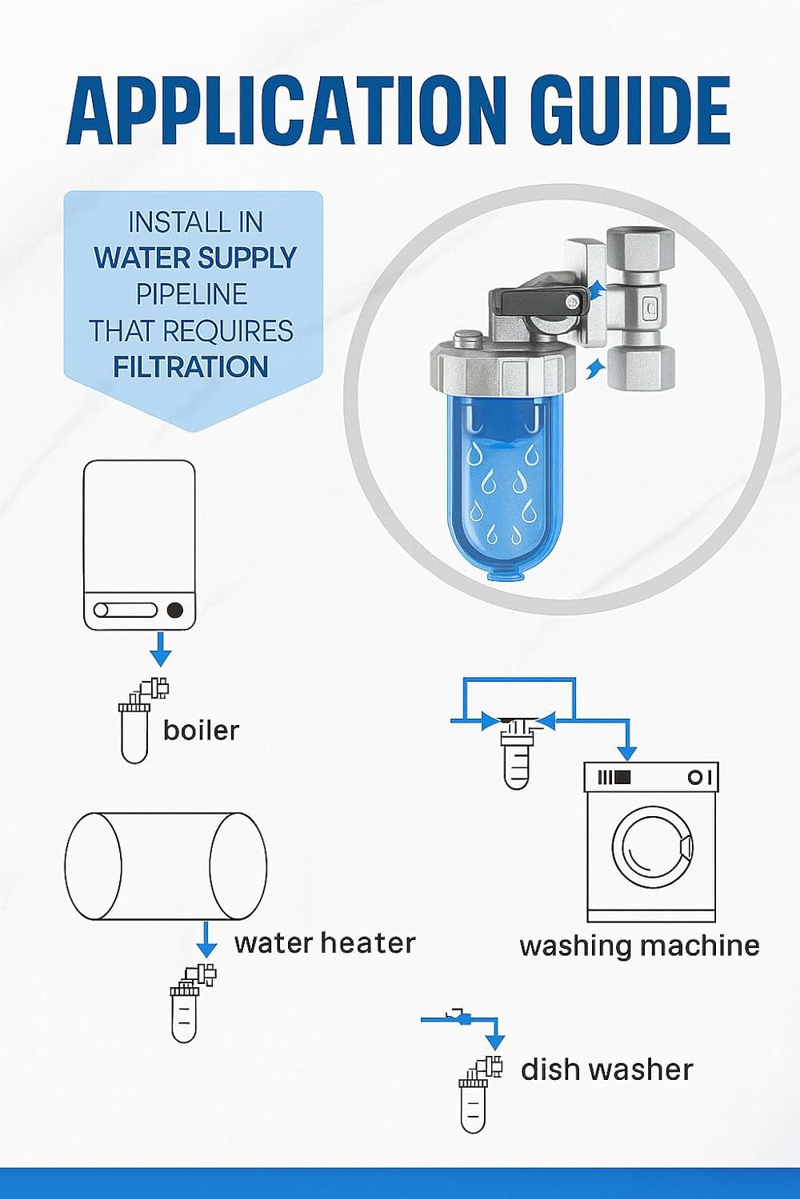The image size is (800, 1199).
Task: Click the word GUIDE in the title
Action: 633,108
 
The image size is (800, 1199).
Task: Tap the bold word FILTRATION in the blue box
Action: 190,367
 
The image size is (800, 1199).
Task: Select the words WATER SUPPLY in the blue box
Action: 195,258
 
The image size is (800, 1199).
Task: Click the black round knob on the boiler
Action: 174,611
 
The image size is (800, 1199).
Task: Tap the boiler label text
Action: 201,730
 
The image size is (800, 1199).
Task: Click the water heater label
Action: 325,942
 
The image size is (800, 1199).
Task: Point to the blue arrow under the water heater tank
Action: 206,940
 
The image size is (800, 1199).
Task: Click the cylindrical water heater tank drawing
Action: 166,866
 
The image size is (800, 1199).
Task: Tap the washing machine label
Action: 639,946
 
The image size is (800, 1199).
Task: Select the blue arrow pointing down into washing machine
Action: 627,743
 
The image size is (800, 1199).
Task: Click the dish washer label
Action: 606,1070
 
